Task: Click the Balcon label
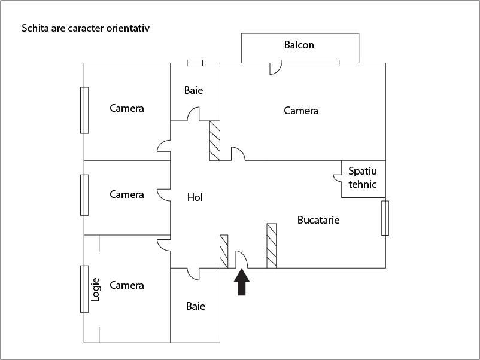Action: (299, 45)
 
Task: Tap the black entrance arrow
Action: (241, 283)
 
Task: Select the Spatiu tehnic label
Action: (363, 178)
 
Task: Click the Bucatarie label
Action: (318, 220)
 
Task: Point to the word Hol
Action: (195, 197)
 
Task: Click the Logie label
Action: (95, 289)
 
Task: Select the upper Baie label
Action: (193, 90)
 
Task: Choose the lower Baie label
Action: (196, 306)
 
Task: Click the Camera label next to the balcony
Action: (301, 111)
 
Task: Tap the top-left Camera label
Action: (127, 108)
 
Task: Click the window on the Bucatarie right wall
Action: (385, 218)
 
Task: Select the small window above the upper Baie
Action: (195, 63)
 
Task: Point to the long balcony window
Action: (310, 62)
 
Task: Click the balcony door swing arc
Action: (275, 69)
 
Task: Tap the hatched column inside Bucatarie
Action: (271, 245)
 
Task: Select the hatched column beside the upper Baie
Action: (214, 141)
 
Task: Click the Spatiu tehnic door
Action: (338, 178)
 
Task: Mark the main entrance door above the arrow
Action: (242, 259)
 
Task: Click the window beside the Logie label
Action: (84, 289)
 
